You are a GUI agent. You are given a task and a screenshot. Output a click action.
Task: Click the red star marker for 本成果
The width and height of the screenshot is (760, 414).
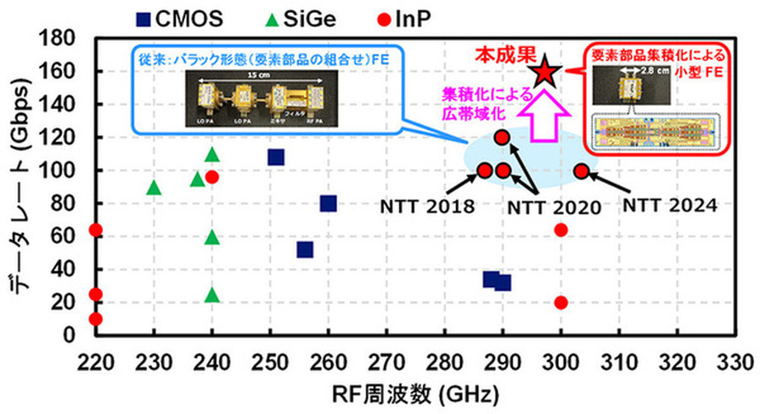[x=545, y=73]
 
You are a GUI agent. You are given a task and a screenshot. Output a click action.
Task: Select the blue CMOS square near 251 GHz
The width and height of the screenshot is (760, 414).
[x=275, y=157]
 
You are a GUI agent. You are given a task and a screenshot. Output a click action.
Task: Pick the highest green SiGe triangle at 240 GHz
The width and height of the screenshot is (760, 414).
[x=212, y=155]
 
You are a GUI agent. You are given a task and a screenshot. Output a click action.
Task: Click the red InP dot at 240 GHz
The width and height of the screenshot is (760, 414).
[x=212, y=177]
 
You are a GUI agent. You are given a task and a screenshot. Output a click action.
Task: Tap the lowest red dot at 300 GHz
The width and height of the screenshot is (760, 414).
[x=561, y=302]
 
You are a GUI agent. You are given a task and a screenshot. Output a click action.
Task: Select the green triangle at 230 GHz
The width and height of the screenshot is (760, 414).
[x=154, y=188]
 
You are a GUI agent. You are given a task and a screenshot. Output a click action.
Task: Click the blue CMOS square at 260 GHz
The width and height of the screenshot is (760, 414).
[x=328, y=204]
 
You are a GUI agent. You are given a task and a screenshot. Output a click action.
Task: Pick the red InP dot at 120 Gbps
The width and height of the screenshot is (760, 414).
[x=502, y=138]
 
